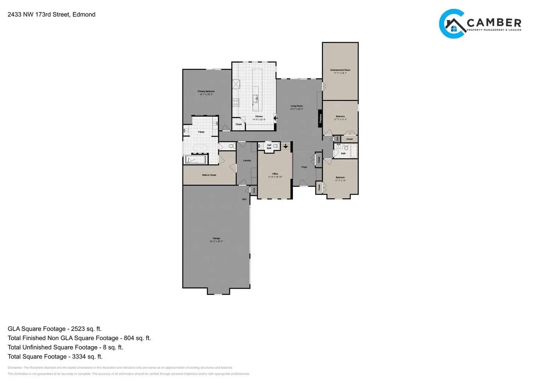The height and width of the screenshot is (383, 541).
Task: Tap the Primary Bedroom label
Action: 206,91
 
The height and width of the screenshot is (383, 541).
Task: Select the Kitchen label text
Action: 259,117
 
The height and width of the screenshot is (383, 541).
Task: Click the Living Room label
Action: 297,106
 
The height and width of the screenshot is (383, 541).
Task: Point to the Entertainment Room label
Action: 340,70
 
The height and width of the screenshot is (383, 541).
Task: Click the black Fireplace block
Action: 320,118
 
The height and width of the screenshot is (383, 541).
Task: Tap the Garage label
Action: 216,238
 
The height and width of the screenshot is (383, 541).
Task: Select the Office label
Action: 275,174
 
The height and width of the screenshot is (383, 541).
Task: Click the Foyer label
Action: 304,167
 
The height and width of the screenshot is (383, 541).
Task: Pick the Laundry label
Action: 247,161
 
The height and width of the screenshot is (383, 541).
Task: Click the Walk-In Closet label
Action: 209,175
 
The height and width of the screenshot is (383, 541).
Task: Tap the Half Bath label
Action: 269,146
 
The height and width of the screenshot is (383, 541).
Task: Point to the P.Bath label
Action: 201,132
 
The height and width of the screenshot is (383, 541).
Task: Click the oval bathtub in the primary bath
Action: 201,147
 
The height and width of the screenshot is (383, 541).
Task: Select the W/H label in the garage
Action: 244,200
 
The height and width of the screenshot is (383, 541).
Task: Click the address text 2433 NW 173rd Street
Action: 51,15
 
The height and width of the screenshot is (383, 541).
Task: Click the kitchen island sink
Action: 255,98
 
